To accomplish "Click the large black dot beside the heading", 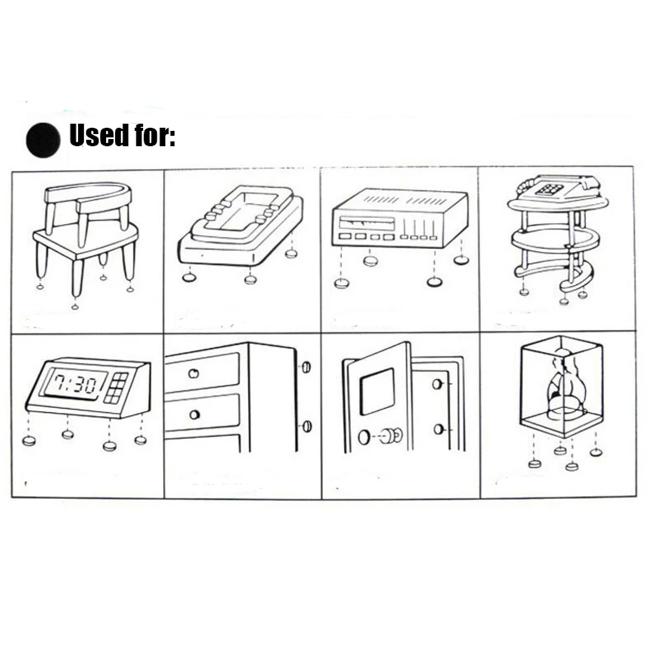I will [x=43, y=139].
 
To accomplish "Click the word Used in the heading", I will [x=97, y=136].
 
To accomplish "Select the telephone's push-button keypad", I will [x=547, y=190].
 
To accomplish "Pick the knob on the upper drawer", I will [x=193, y=373].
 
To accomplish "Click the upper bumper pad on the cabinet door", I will [x=306, y=367].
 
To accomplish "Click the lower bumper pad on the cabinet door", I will [x=306, y=426].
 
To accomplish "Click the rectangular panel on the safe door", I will [x=377, y=390].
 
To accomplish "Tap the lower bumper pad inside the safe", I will [x=439, y=429].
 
